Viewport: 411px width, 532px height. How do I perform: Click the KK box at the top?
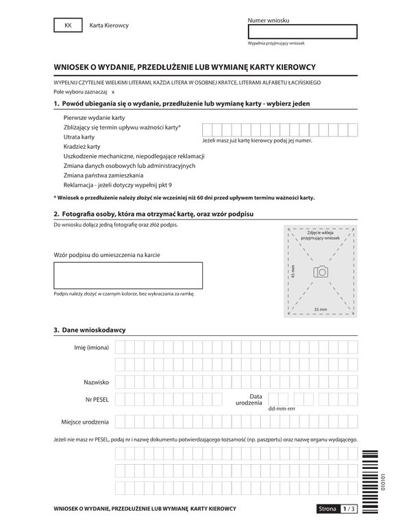click(x=67, y=25)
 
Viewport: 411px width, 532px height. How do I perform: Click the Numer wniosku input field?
click(x=302, y=32)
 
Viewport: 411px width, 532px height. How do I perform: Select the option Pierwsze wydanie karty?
click(x=89, y=117)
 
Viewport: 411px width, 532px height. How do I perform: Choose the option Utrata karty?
click(x=79, y=136)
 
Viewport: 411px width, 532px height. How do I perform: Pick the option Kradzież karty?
click(x=82, y=146)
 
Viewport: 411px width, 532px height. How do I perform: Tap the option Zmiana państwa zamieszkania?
click(x=103, y=175)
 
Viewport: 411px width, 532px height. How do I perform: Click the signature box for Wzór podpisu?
click(x=128, y=276)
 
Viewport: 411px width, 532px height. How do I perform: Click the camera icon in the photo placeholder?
click(x=320, y=272)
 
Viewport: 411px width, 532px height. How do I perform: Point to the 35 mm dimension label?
click(x=320, y=310)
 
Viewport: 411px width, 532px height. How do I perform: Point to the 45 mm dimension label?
click(x=293, y=271)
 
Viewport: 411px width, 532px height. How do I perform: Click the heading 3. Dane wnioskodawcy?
click(x=89, y=330)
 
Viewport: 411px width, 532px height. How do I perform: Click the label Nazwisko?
click(x=95, y=381)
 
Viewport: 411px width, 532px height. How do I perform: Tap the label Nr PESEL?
click(x=97, y=399)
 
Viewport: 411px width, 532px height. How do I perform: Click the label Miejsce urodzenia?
click(x=85, y=421)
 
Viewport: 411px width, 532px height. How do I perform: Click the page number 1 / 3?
click(x=349, y=509)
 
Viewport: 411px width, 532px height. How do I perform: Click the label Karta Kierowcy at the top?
click(x=109, y=26)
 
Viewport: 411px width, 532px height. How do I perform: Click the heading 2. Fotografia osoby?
click(x=153, y=215)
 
